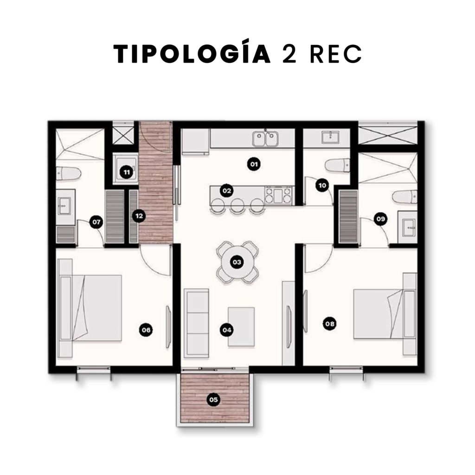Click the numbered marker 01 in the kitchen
click(x=254, y=164)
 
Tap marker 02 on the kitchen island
click(x=226, y=191)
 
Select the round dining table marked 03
click(x=237, y=262)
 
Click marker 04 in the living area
click(x=226, y=330)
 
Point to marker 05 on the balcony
click(x=213, y=399)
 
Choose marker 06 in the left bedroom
click(x=146, y=330)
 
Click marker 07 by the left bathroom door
click(x=96, y=222)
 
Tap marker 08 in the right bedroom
click(x=330, y=324)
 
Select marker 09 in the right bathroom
click(x=380, y=219)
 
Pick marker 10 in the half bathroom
click(x=322, y=185)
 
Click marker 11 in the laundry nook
click(x=126, y=173)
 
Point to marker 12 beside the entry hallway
click(x=139, y=216)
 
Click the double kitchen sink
click(x=264, y=138)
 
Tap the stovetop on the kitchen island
click(x=278, y=195)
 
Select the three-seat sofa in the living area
click(x=197, y=323)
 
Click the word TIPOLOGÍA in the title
click(x=192, y=54)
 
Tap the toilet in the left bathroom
click(x=69, y=173)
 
